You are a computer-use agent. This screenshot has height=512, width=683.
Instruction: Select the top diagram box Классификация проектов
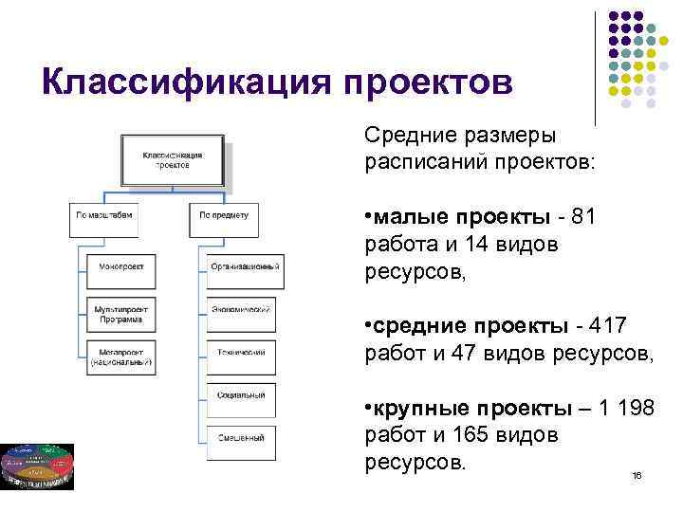(173, 159)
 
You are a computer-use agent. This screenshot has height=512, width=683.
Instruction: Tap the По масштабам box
(104, 215)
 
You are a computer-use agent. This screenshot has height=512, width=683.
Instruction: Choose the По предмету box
(223, 215)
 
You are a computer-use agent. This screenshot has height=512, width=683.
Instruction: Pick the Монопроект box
(121, 267)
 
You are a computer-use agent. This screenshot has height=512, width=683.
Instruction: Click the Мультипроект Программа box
(121, 314)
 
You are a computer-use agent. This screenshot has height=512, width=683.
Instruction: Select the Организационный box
(245, 267)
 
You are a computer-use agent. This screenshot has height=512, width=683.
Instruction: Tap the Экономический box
(245, 310)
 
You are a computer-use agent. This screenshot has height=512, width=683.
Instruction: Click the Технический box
(245, 353)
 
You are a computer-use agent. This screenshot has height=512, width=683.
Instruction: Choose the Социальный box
(245, 394)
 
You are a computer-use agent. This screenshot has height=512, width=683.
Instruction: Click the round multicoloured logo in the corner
(37, 465)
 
